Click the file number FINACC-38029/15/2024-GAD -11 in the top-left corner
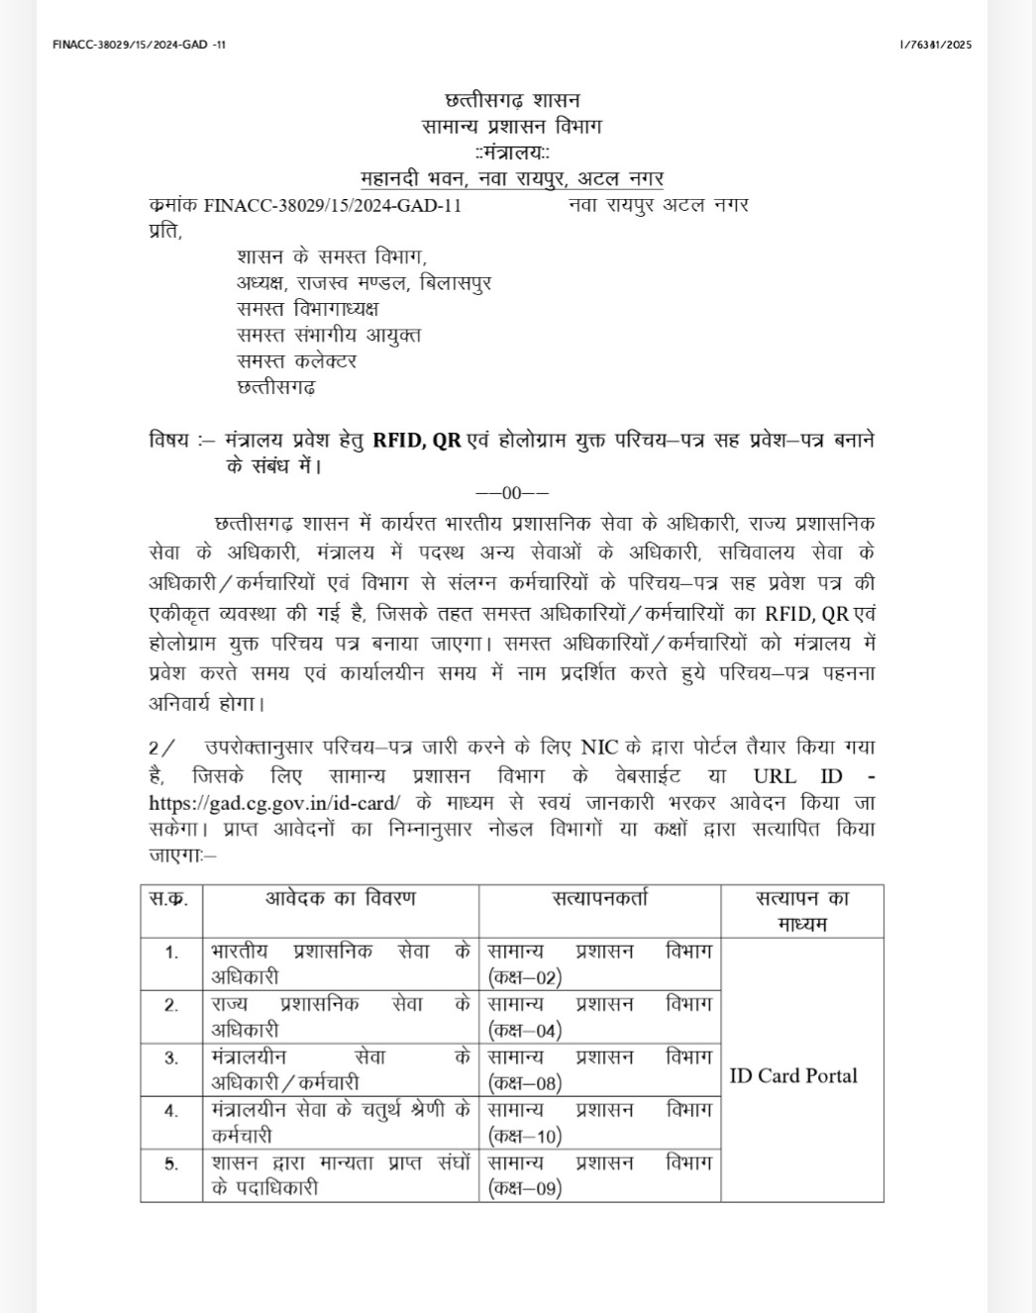139,45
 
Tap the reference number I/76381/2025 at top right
936,45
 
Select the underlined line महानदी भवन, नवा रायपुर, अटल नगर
512,178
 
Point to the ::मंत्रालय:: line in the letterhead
512,152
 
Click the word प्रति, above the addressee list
165,231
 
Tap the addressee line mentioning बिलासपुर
363,283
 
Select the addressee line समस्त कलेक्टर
296,360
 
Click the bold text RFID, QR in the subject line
417,441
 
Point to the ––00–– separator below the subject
512,493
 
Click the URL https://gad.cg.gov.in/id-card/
274,803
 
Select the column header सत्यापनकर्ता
600,899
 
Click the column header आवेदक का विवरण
340,899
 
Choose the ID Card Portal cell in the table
793,1076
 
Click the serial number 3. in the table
171,1058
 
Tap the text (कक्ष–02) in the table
525,977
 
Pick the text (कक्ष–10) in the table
525,1136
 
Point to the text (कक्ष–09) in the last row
525,1188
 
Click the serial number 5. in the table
171,1163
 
